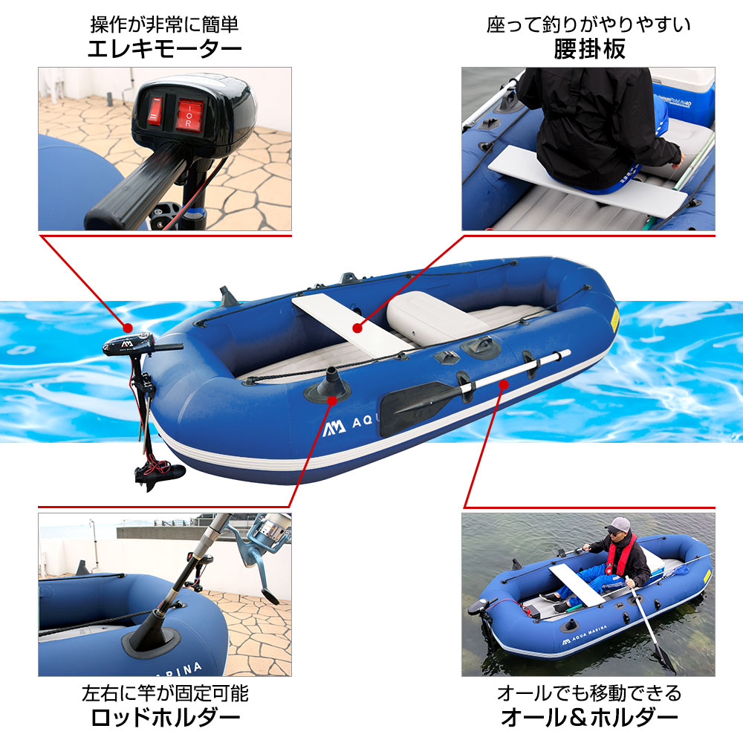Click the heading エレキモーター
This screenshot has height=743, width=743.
tap(164, 49)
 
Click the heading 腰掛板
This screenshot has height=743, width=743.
tap(589, 49)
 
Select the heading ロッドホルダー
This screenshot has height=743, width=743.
tap(166, 718)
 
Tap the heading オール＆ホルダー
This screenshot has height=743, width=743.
tap(589, 718)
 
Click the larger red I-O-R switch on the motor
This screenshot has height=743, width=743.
tap(189, 114)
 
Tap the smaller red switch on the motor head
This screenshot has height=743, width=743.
tap(155, 111)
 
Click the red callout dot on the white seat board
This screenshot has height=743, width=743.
tap(357, 328)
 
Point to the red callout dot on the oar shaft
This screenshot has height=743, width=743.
tap(504, 384)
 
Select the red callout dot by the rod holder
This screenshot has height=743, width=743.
tap(332, 401)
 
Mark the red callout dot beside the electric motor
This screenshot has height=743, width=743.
tap(127, 328)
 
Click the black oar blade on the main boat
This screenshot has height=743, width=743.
tap(413, 406)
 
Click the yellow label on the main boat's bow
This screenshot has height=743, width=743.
tap(614, 319)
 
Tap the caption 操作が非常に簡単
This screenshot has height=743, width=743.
tap(164, 25)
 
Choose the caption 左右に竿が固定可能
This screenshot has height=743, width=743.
tap(166, 693)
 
